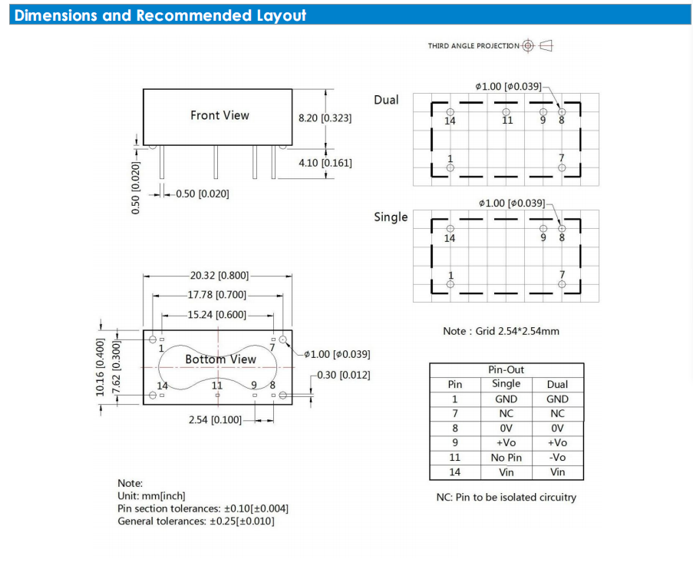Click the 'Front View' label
tap(219, 115)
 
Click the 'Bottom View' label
tap(220, 359)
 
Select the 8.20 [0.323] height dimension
tap(325, 117)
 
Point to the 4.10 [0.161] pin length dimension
tap(325, 163)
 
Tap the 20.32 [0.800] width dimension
tap(219, 276)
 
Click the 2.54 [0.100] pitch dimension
tap(215, 420)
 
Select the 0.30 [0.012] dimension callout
tap(343, 375)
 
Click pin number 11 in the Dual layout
tap(507, 121)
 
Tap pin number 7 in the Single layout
tap(562, 275)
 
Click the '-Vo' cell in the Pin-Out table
tap(557, 458)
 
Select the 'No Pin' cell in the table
tap(506, 458)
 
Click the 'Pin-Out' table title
tap(506, 370)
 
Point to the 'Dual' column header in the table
tap(557, 384)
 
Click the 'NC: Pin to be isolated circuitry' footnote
tap(506, 497)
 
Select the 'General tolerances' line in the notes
tap(196, 521)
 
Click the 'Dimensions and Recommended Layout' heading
tap(160, 15)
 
